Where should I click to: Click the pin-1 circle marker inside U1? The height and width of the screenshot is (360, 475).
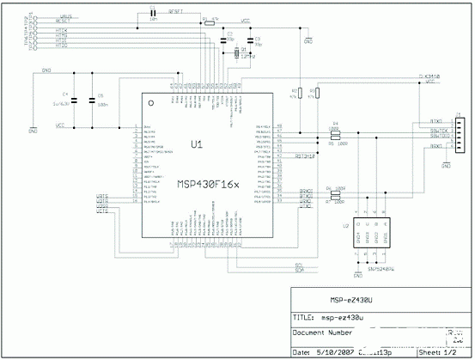click(x=151, y=102)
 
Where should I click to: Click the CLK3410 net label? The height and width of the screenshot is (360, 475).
click(x=429, y=76)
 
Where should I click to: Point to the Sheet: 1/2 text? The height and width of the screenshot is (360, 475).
click(x=441, y=351)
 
